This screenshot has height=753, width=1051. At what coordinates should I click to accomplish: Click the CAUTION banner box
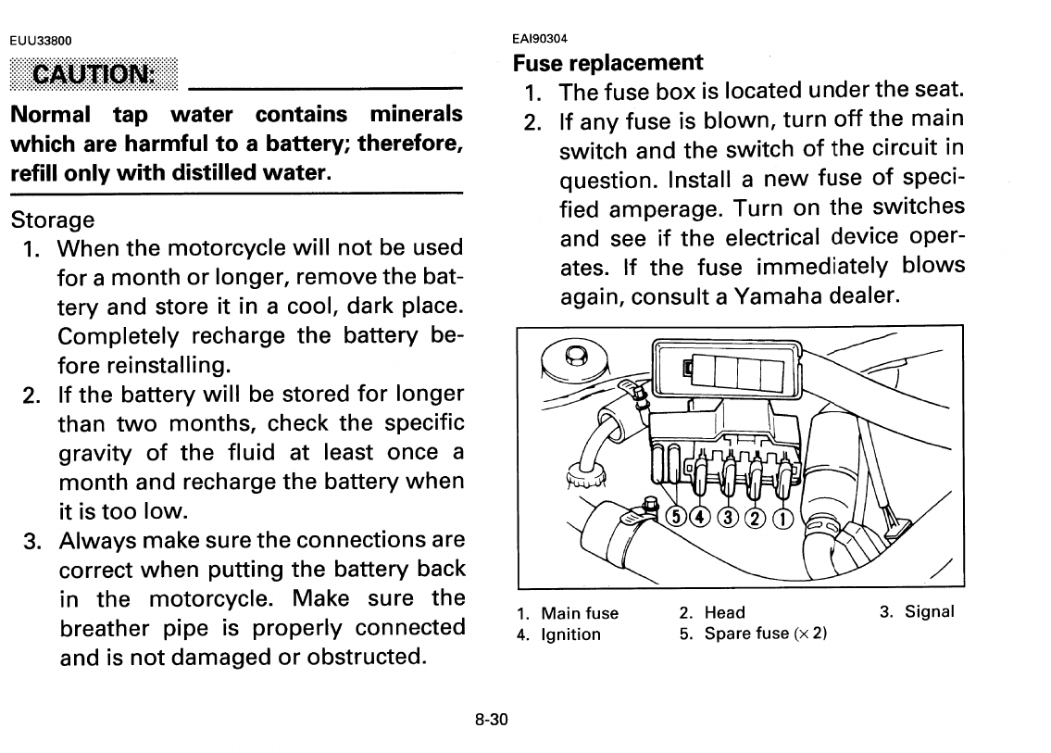pos(93,73)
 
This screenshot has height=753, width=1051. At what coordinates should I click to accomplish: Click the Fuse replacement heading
pos(607,63)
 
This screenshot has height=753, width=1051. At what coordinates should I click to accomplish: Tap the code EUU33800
pos(40,40)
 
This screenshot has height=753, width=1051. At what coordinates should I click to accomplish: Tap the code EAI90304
pos(540,39)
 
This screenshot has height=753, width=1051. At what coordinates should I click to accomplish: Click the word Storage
pos(52,220)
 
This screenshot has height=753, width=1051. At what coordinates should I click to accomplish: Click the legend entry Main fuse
pos(580,613)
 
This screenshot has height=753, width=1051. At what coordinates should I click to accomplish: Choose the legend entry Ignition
pos(570,634)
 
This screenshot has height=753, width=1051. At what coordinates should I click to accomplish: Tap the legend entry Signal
pos(929,612)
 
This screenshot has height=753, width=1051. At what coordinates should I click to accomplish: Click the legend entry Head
pos(724,612)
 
